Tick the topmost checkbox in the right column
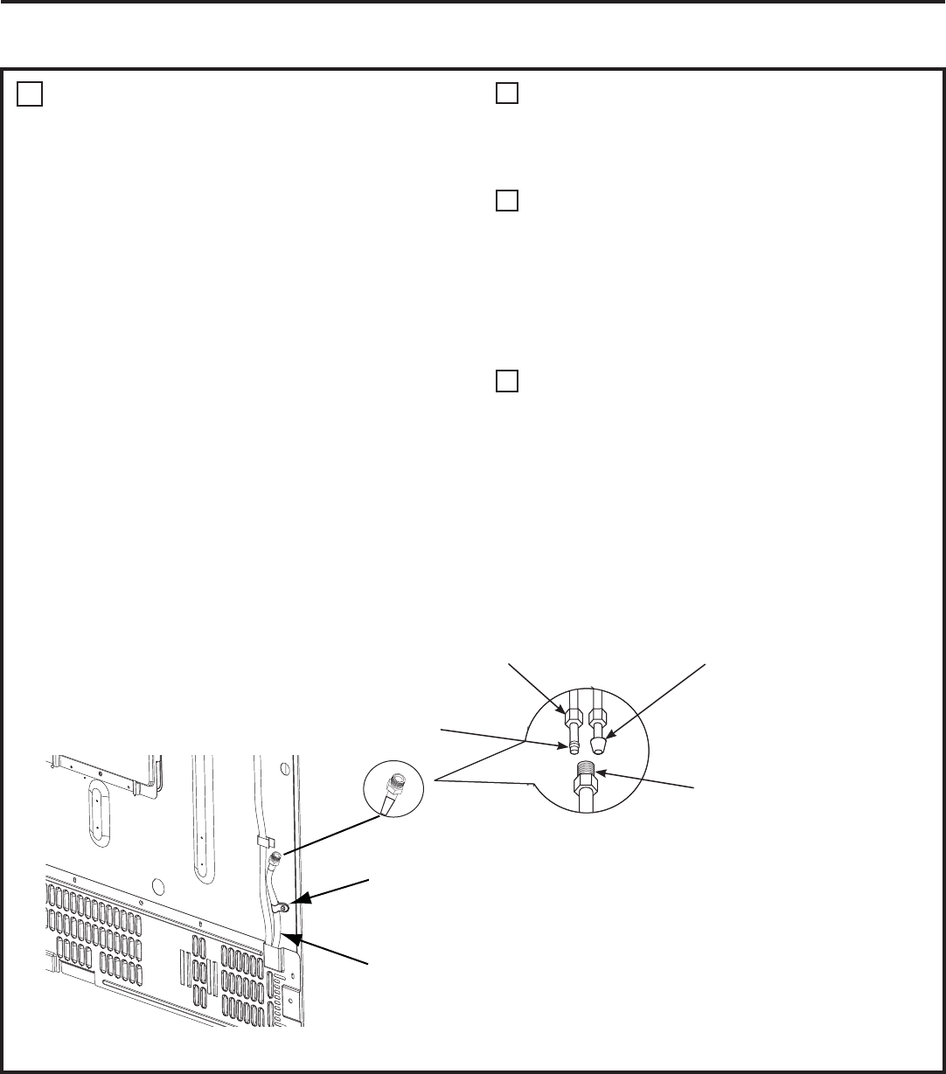tap(508, 94)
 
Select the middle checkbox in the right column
tap(508, 201)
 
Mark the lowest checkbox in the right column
tap(508, 381)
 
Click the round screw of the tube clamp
tap(285, 910)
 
